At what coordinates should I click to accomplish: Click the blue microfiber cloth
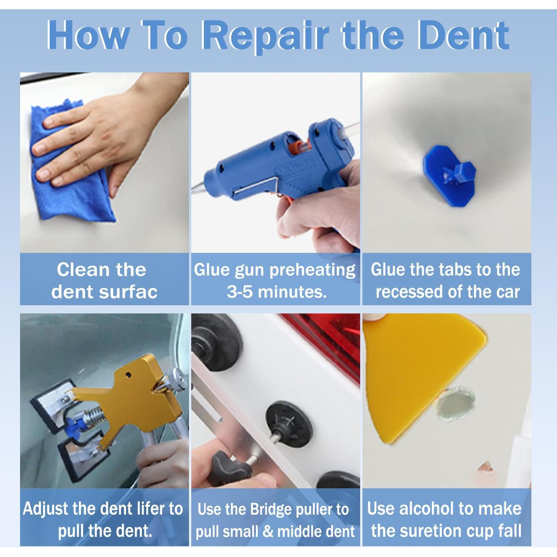(x=71, y=163)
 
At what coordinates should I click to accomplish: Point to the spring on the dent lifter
(x=92, y=416)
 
